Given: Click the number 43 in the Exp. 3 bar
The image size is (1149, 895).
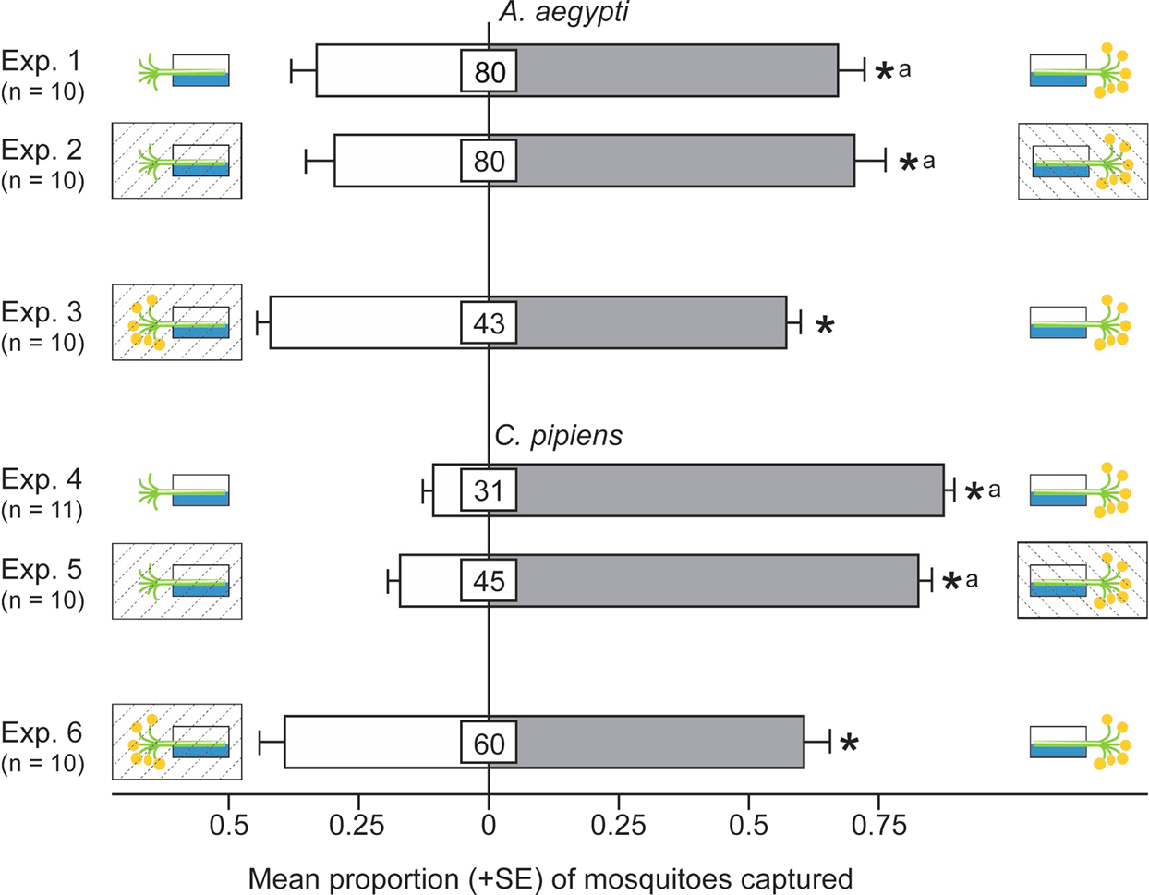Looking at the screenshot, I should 489,323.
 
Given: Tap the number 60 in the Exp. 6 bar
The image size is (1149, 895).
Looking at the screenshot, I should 489,744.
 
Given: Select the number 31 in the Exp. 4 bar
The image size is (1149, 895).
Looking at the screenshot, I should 489,490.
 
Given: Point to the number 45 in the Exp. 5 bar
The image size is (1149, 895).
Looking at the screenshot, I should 489,581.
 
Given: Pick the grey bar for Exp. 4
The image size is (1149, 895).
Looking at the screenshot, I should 730,490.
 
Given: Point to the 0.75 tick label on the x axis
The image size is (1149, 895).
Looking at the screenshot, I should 877,825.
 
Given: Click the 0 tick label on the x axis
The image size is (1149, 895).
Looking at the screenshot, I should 489,825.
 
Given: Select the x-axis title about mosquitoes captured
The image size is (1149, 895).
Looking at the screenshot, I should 550,877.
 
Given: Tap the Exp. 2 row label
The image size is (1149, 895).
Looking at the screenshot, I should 42,163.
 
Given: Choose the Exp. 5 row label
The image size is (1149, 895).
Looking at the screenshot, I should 42,582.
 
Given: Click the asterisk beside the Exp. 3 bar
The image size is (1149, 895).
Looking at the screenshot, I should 825,325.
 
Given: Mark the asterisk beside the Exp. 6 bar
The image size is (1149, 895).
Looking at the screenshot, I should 848,744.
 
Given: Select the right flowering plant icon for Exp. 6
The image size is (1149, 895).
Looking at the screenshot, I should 1080,744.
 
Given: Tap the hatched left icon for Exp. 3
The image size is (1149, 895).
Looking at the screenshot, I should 176,322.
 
